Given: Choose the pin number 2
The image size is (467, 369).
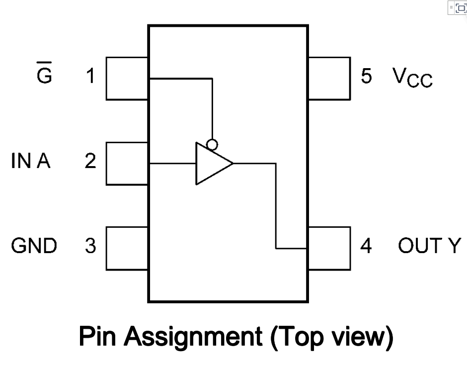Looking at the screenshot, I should click(90, 162).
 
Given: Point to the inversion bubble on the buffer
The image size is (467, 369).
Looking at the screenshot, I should click(212, 145).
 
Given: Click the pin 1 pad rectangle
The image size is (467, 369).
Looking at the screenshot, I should click(127, 78).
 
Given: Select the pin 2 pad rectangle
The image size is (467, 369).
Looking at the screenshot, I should click(127, 163).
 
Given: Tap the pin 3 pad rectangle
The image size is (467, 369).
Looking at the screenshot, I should click(127, 248).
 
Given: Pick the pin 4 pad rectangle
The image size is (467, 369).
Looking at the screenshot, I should click(329, 248).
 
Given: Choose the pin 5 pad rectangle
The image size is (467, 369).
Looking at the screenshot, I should click(329, 78).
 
